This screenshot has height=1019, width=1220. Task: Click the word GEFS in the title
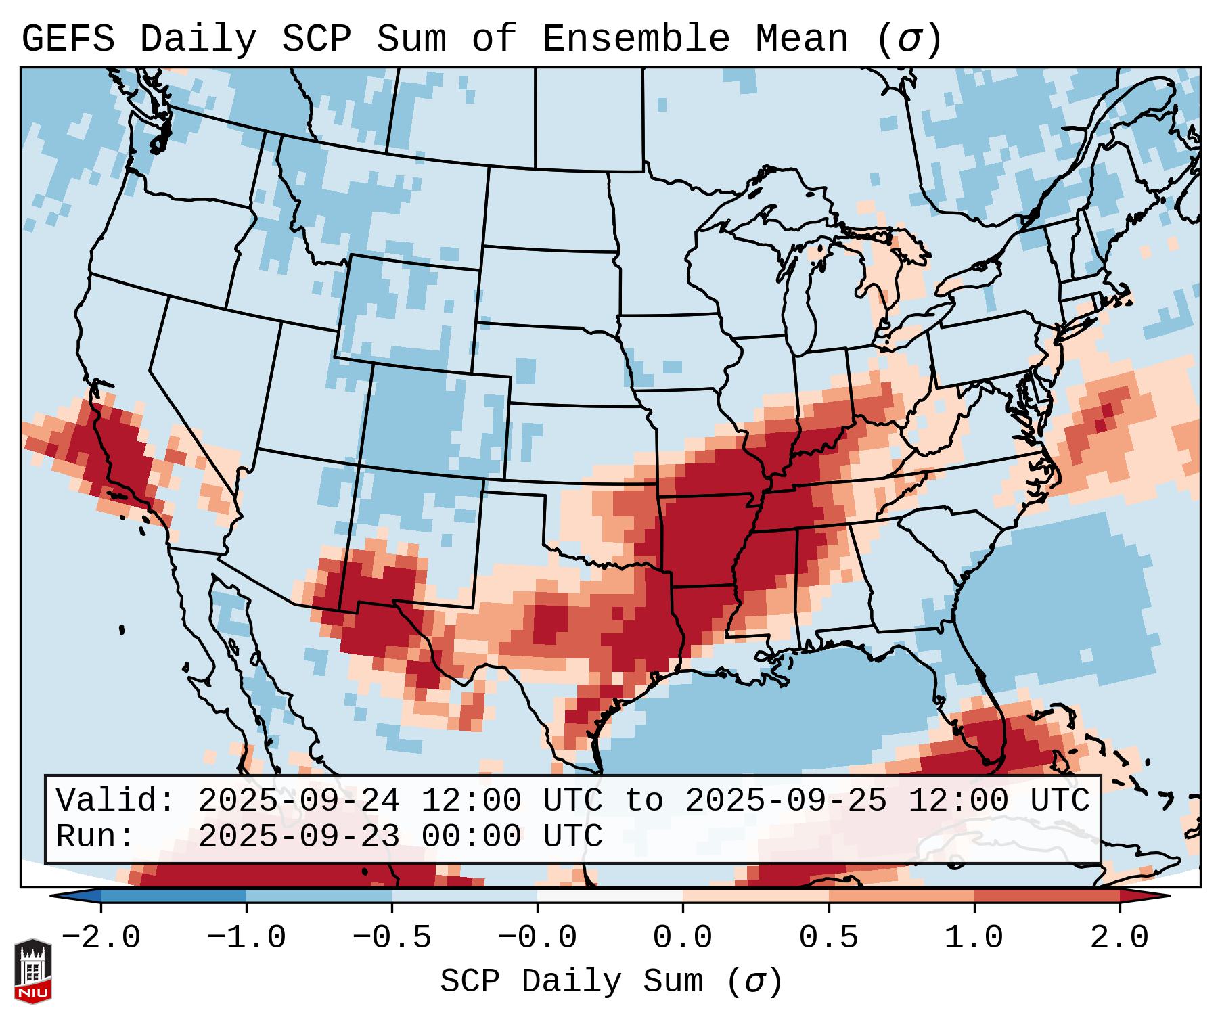68,39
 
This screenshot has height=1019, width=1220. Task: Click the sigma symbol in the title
909,39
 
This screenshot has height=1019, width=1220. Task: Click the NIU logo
32,971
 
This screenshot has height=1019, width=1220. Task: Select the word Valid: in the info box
116,801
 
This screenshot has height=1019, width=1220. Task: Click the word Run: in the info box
95,837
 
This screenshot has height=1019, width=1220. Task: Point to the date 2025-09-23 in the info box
298,837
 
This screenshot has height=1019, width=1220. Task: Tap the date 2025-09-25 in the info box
786,801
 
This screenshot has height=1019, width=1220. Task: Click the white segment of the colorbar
610,896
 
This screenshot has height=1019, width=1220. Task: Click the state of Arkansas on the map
704,541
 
